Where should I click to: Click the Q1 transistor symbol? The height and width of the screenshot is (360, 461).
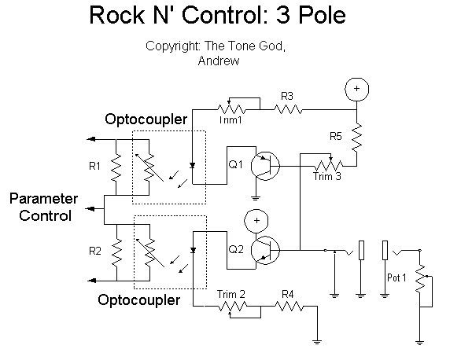(265, 166)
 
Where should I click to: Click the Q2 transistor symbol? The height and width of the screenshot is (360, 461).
(265, 250)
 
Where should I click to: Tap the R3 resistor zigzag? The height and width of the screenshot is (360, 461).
(288, 109)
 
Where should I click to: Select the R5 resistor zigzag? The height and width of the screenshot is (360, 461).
(356, 138)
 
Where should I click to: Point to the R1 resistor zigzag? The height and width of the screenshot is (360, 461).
(116, 167)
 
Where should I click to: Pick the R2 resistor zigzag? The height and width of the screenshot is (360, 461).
(116, 252)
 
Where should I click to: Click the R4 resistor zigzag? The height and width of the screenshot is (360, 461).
(289, 307)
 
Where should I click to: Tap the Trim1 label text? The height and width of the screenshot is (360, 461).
(230, 119)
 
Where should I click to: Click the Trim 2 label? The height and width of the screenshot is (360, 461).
(231, 294)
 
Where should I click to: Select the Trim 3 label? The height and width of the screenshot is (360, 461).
(327, 176)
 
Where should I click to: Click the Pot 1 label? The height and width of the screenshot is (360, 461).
(396, 277)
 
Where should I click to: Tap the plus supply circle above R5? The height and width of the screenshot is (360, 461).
(356, 89)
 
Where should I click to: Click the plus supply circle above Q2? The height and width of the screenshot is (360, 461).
(256, 221)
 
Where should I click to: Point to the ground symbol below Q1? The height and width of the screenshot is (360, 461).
(256, 197)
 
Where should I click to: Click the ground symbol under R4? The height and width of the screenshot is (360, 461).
(317, 341)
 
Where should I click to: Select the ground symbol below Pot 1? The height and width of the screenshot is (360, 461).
(419, 342)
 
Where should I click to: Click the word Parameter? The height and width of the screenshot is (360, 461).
(44, 199)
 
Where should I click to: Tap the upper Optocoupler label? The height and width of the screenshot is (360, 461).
(146, 119)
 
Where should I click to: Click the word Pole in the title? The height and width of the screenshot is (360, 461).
(322, 15)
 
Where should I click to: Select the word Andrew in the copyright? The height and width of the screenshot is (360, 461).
(219, 61)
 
